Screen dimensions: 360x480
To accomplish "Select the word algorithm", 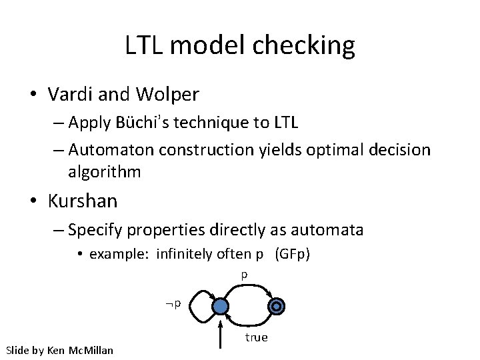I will click(x=104, y=172).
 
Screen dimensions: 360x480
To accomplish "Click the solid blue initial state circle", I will click(x=220, y=307).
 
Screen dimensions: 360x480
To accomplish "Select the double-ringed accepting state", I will click(x=275, y=306).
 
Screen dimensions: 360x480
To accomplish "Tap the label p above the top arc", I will click(x=244, y=275).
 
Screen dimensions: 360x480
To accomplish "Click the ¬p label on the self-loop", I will click(x=175, y=305).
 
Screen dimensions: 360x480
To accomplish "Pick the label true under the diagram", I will click(x=256, y=337).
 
